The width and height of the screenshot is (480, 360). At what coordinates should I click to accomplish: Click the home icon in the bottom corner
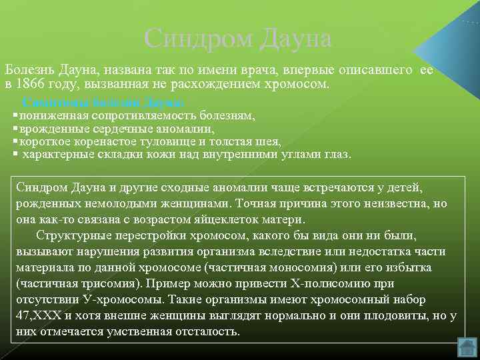468,347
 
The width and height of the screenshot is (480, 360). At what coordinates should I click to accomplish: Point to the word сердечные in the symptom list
115,129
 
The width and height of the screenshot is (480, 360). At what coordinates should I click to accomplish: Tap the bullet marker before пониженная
15,115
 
